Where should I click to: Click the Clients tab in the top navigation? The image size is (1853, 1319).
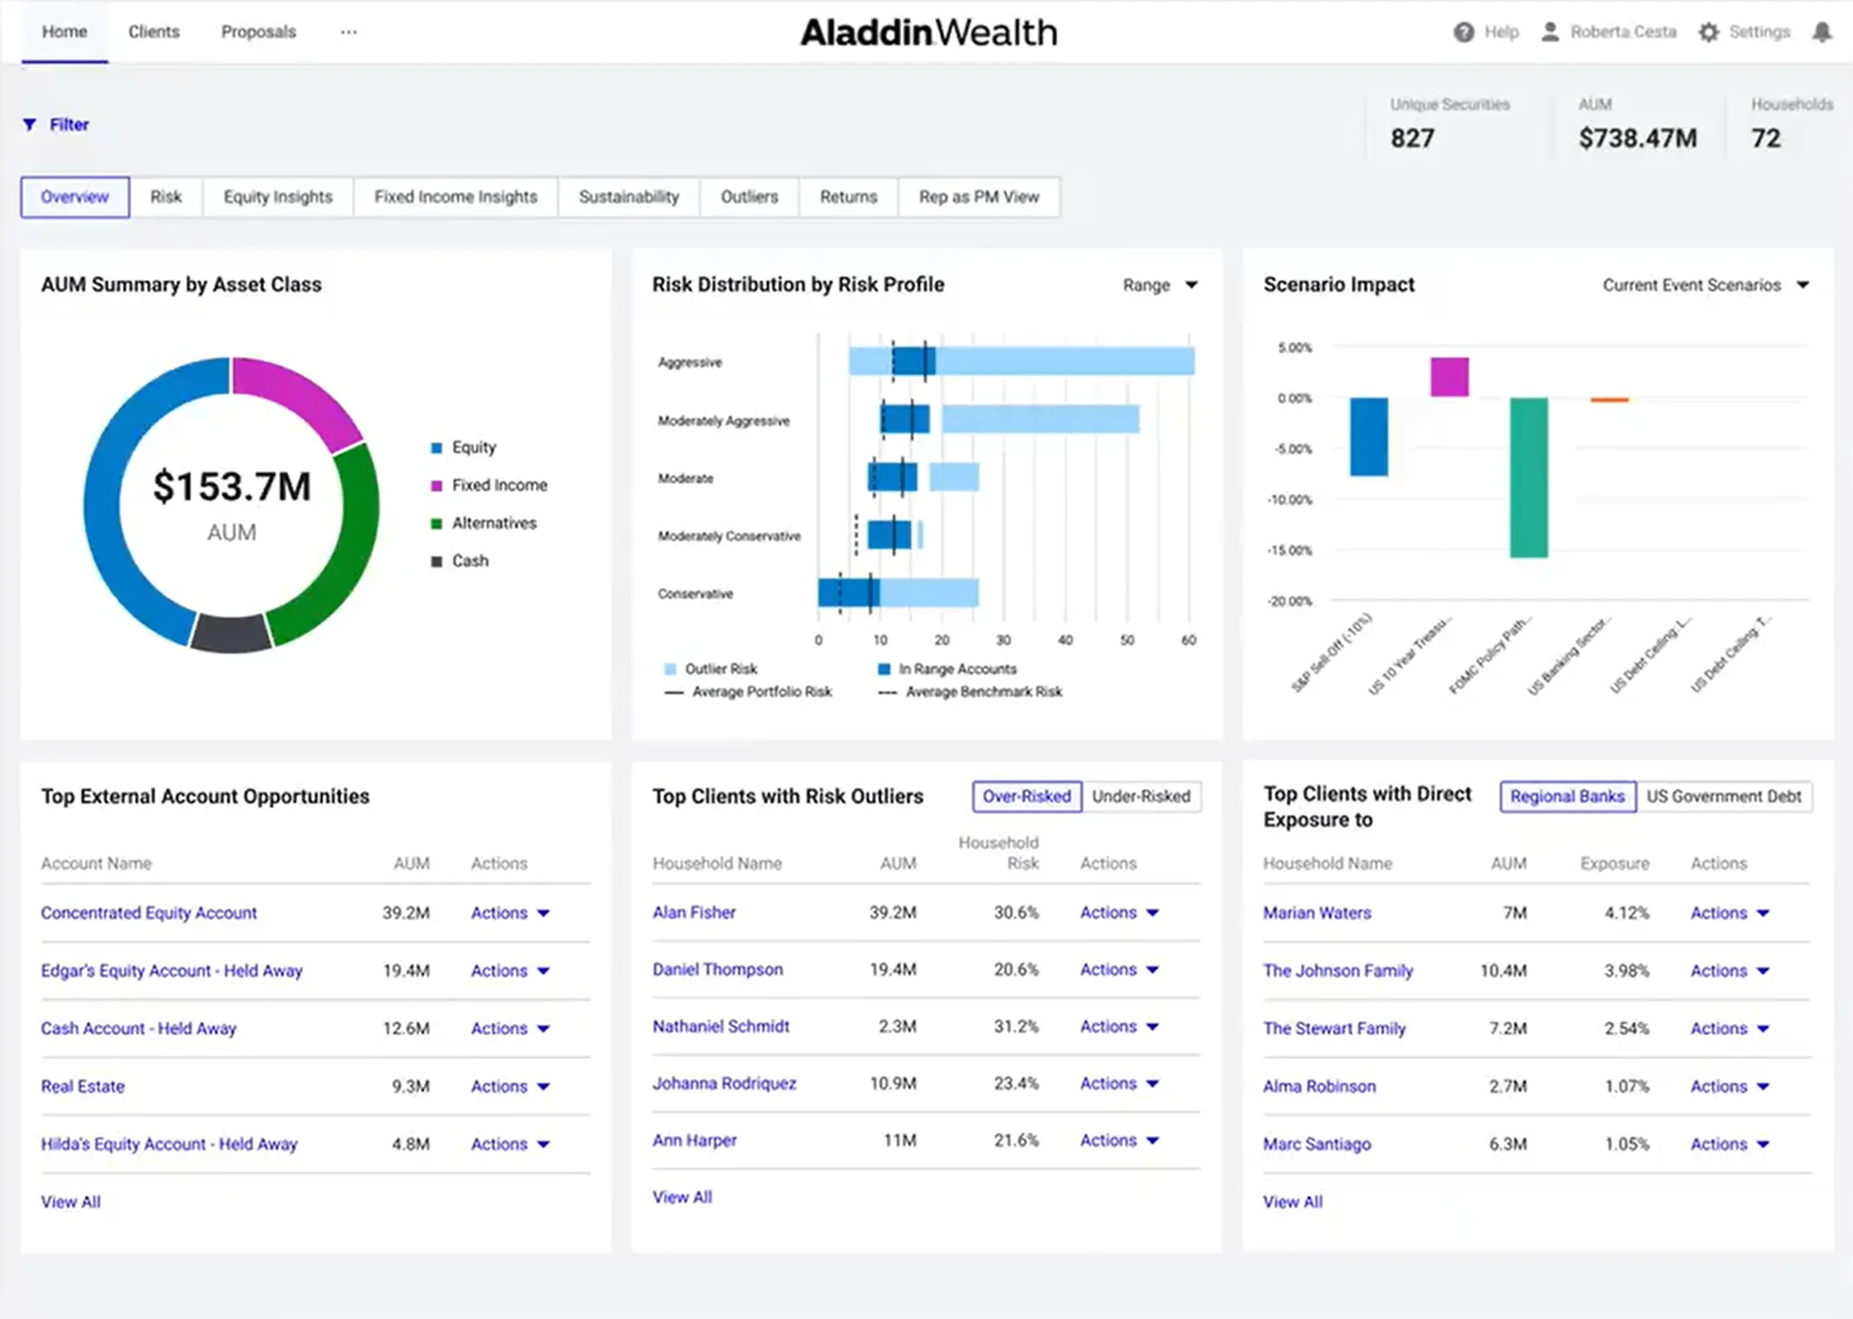click(153, 31)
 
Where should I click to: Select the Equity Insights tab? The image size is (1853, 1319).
click(277, 197)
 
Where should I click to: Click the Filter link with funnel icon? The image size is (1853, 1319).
click(57, 125)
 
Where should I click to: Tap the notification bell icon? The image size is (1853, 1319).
click(1821, 32)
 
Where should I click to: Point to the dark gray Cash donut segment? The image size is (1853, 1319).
click(231, 634)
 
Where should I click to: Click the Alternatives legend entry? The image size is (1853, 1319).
click(493, 523)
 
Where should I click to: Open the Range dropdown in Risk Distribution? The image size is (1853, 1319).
click(1160, 285)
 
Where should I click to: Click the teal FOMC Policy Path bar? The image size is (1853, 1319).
click(1528, 477)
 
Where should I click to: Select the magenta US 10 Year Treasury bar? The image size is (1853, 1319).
click(1448, 377)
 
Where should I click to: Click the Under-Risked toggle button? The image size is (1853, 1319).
click(1140, 796)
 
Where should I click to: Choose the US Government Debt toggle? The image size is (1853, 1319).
click(1723, 796)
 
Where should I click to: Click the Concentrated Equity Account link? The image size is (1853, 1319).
click(149, 913)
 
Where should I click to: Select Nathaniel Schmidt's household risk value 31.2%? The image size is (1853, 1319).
click(1015, 1026)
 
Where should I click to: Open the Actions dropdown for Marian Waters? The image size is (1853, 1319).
click(1728, 913)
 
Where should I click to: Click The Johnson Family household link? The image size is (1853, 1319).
click(1338, 971)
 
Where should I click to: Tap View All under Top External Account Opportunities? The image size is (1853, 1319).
click(70, 1202)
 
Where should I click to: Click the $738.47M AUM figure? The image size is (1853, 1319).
click(1637, 139)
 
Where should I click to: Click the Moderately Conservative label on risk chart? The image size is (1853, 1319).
click(729, 536)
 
